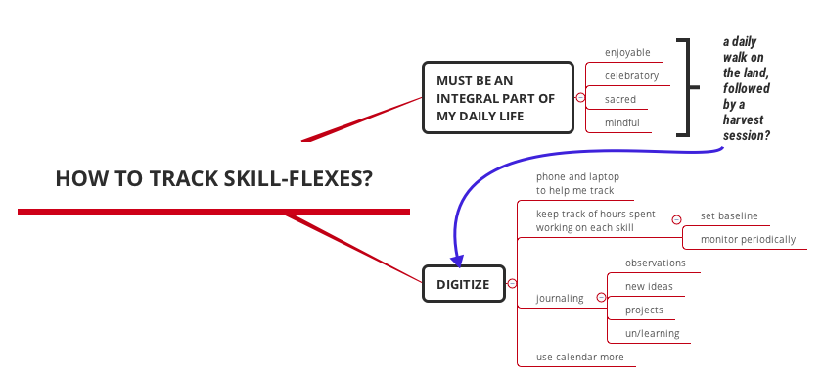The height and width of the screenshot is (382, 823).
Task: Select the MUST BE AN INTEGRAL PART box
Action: pyautogui.click(x=497, y=98)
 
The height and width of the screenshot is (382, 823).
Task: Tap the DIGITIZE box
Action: pyautogui.click(x=463, y=284)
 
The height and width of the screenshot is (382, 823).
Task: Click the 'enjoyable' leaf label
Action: pyautogui.click(x=627, y=53)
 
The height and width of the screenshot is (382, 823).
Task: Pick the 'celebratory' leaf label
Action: pyautogui.click(x=631, y=76)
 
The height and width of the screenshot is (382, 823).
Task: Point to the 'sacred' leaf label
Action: pyautogui.click(x=620, y=100)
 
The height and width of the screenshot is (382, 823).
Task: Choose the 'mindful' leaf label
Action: pyautogui.click(x=622, y=123)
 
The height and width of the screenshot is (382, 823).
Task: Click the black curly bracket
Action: pyautogui.click(x=689, y=88)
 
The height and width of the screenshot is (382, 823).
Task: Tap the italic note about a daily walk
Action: pyautogui.click(x=747, y=89)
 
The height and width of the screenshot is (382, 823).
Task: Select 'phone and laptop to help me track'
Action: pyautogui.click(x=577, y=184)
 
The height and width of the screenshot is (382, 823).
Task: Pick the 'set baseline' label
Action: pyautogui.click(x=729, y=215)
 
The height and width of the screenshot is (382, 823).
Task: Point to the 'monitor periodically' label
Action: pyautogui.click(x=748, y=239)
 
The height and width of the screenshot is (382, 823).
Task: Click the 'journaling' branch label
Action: pyautogui.click(x=560, y=298)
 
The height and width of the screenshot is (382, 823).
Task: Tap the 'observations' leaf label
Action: pyautogui.click(x=655, y=263)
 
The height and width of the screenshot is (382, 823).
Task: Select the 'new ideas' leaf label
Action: pyautogui.click(x=649, y=286)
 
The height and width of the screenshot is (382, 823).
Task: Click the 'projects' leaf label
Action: pyautogui.click(x=644, y=310)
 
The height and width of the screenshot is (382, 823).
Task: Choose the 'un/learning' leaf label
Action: pyautogui.click(x=652, y=334)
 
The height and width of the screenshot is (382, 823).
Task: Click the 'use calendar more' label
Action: pyautogui.click(x=579, y=357)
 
